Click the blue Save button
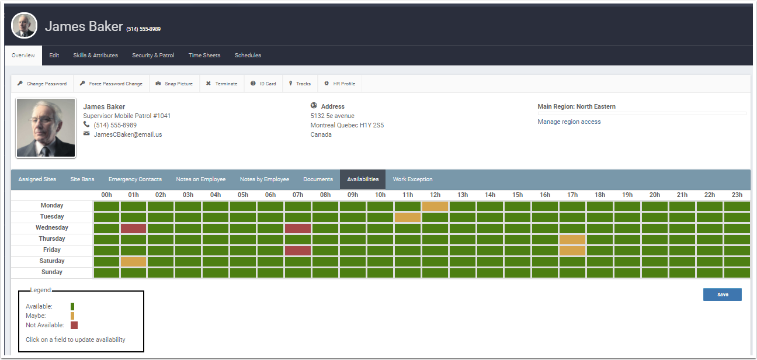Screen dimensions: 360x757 pos(722,295)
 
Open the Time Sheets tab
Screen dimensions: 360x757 pos(204,56)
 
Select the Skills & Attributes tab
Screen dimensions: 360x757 pos(95,56)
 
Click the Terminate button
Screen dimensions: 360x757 pos(222,84)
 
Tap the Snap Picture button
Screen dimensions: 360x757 pos(174,84)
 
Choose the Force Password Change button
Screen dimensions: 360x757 pos(112,84)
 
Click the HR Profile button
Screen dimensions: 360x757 pos(340,84)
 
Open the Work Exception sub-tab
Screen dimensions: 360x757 pos(412,179)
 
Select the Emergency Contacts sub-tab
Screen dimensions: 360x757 pos(135,179)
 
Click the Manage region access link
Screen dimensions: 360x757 pos(569,122)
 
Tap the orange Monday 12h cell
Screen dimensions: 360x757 pos(435,206)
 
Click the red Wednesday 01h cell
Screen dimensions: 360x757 pos(133,228)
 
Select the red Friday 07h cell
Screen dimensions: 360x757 pos(298,250)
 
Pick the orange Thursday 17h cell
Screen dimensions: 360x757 pos(572,239)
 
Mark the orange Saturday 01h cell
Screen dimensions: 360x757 pos(133,261)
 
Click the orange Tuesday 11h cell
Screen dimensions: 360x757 pos(408,217)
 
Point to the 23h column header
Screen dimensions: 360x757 pos(737,195)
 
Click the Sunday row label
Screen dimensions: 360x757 pos(52,272)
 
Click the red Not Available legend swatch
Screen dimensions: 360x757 pos(74,325)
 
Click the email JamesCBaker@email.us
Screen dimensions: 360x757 pos(128,134)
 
